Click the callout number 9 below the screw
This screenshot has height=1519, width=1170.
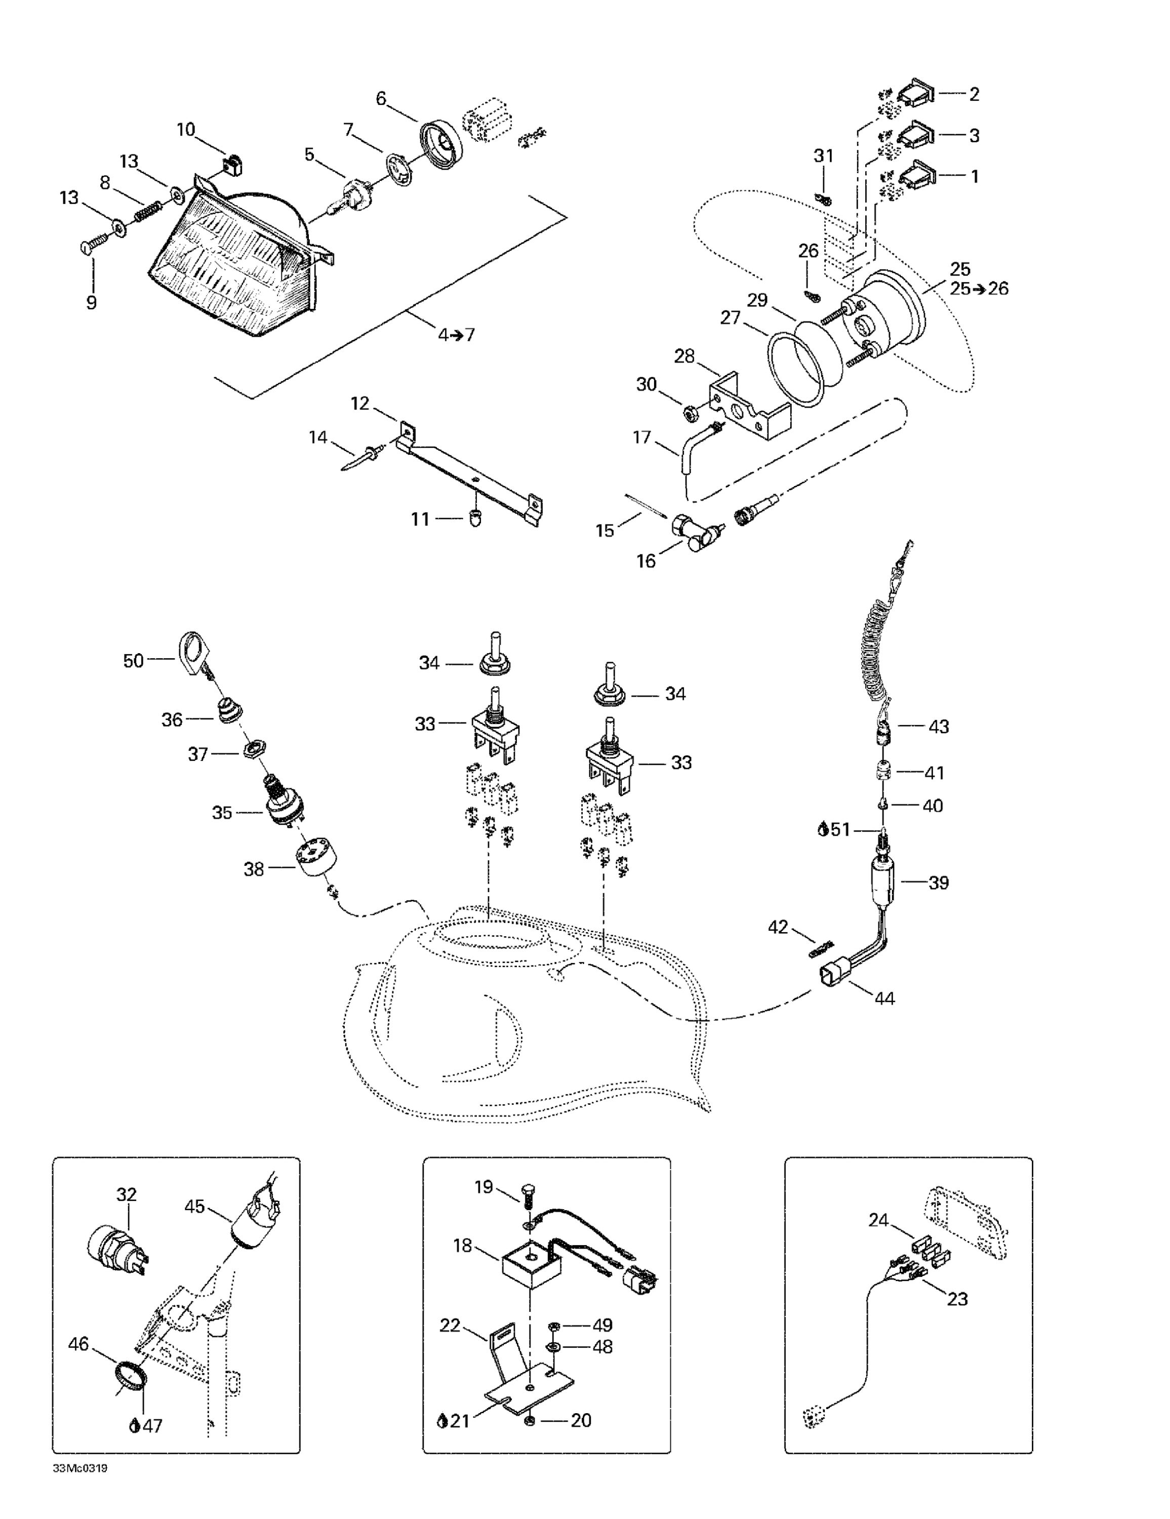click(91, 303)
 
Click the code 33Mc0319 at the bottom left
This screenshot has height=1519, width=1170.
click(80, 1469)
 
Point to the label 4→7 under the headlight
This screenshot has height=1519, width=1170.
click(456, 335)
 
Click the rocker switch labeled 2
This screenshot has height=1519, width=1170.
click(918, 94)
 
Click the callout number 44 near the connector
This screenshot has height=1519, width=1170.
click(884, 999)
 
